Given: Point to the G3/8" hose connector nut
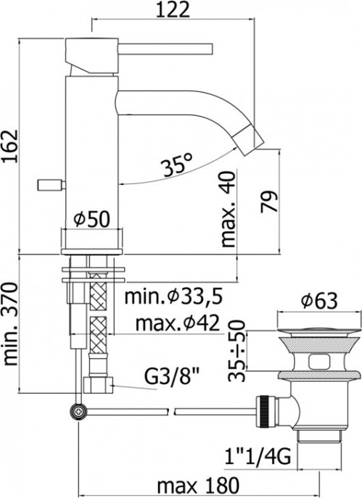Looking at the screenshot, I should click(97, 383).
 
